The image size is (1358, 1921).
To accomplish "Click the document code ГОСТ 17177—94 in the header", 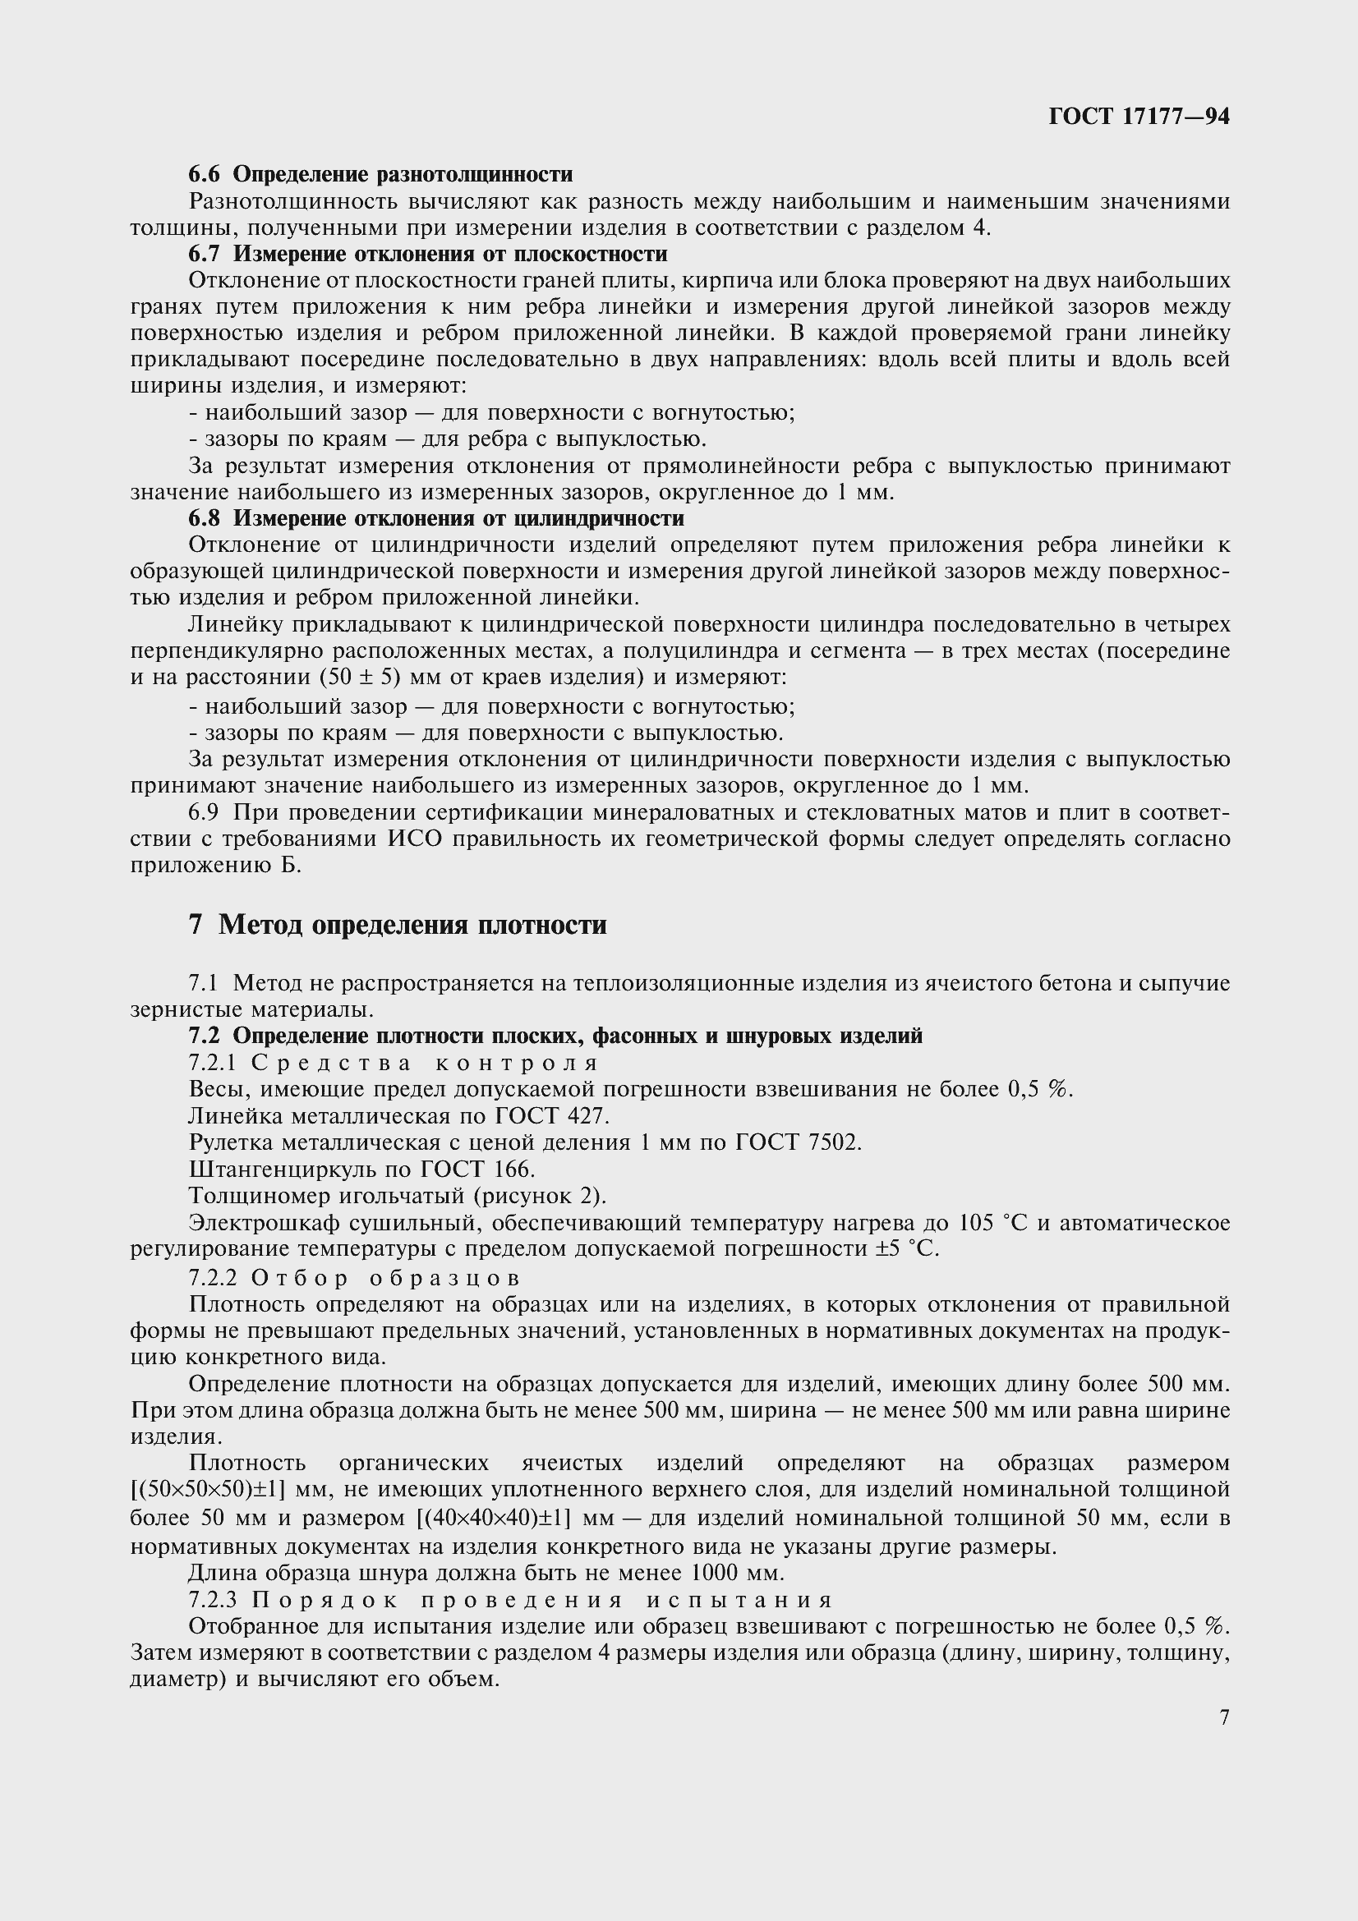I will [x=1139, y=117].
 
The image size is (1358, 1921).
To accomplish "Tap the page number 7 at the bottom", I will [x=1225, y=1717].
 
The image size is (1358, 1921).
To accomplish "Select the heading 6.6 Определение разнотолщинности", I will [x=380, y=174].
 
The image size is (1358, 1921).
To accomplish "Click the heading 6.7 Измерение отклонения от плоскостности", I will [x=427, y=254].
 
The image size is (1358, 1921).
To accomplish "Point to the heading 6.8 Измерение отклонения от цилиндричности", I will [x=436, y=519].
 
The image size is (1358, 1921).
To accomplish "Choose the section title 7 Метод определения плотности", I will [x=398, y=926].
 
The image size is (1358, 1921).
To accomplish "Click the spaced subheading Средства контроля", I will [x=426, y=1063].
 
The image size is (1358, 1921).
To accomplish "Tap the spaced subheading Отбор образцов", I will [x=386, y=1278].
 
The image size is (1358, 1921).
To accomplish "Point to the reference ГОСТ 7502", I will [x=799, y=1143].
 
